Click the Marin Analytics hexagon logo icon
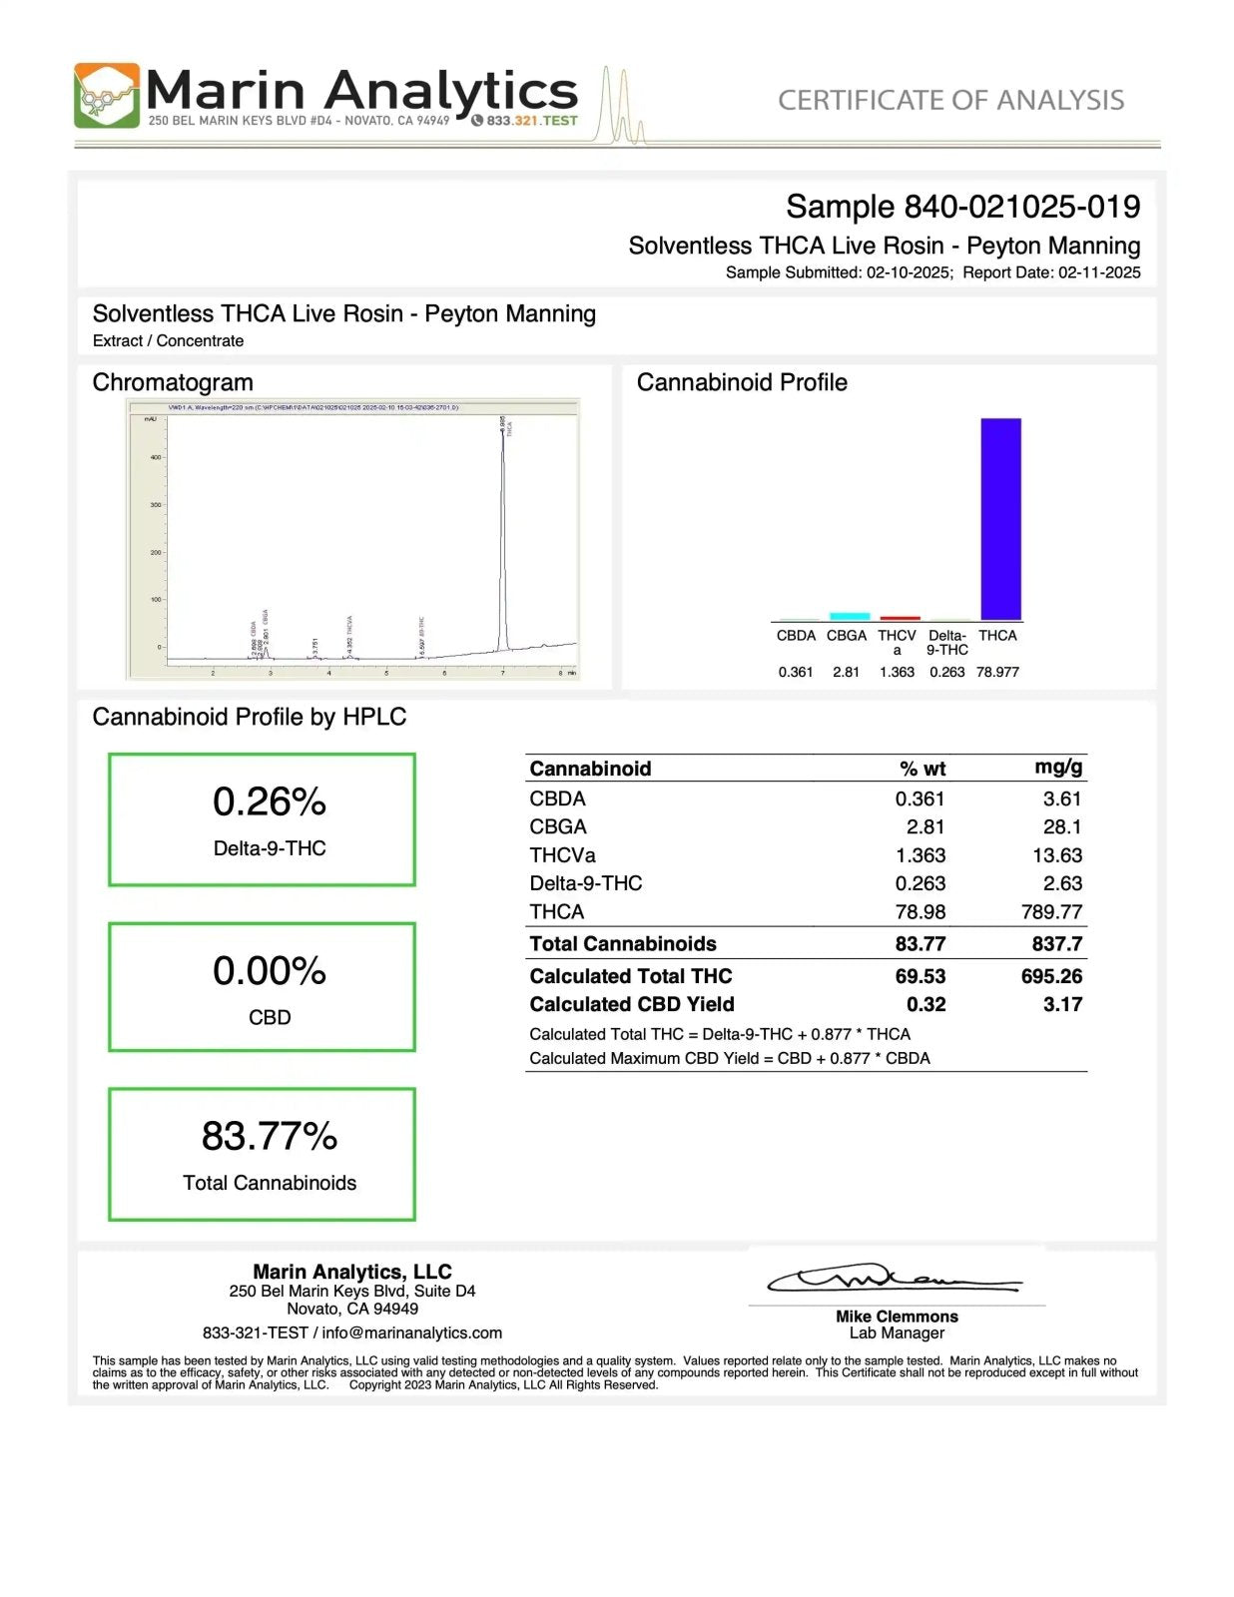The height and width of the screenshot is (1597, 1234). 107,97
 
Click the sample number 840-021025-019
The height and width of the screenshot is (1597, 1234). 1021,207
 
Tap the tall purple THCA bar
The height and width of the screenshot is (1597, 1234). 1000,519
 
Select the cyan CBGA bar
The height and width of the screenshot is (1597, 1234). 849,616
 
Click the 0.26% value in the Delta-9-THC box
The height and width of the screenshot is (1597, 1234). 269,801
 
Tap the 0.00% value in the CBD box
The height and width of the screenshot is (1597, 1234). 269,970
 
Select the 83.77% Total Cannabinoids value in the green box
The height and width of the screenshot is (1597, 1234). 269,1136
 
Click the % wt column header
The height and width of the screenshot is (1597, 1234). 922,769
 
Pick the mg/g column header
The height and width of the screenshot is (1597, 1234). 1058,767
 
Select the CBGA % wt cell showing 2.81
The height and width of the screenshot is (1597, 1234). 925,827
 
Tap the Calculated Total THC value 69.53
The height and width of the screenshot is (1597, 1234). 920,976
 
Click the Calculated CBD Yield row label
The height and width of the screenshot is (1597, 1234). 631,1004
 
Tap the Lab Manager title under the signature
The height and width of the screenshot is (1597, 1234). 897,1333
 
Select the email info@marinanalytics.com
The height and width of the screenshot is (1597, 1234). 411,1333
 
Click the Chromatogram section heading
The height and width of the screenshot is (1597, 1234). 173,382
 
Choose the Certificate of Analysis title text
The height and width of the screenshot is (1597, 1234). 950,100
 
